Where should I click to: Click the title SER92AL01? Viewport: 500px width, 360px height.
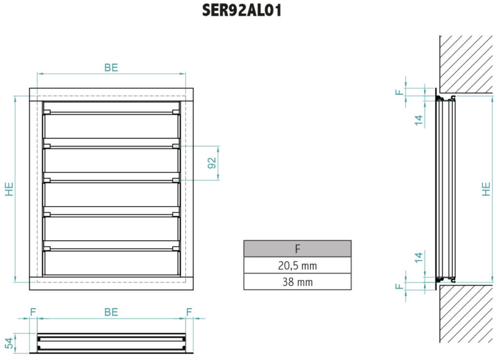tap(242, 10)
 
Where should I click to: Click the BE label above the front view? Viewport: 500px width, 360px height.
tap(111, 67)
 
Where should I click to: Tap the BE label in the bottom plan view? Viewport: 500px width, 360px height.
tap(111, 312)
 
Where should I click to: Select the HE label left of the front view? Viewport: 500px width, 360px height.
tap(9, 189)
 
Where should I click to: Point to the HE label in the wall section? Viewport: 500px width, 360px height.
tap(486, 189)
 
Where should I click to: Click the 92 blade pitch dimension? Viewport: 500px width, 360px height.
tap(212, 163)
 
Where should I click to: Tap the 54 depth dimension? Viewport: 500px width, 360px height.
tap(10, 343)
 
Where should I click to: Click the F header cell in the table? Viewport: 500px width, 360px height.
tap(297, 249)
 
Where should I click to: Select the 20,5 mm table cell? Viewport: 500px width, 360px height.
tap(297, 265)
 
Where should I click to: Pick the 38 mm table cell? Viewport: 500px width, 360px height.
tap(297, 282)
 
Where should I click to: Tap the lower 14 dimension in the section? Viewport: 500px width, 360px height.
tap(418, 257)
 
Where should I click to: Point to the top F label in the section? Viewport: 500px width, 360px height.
tap(399, 92)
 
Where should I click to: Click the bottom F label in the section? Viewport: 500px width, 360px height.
tap(399, 286)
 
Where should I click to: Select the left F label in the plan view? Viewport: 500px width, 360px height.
tap(33, 312)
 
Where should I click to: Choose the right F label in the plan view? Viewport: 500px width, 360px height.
tap(189, 312)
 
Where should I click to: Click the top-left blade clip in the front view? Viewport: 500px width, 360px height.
tap(47, 112)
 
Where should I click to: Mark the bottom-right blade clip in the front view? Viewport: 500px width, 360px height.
tap(176, 249)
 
